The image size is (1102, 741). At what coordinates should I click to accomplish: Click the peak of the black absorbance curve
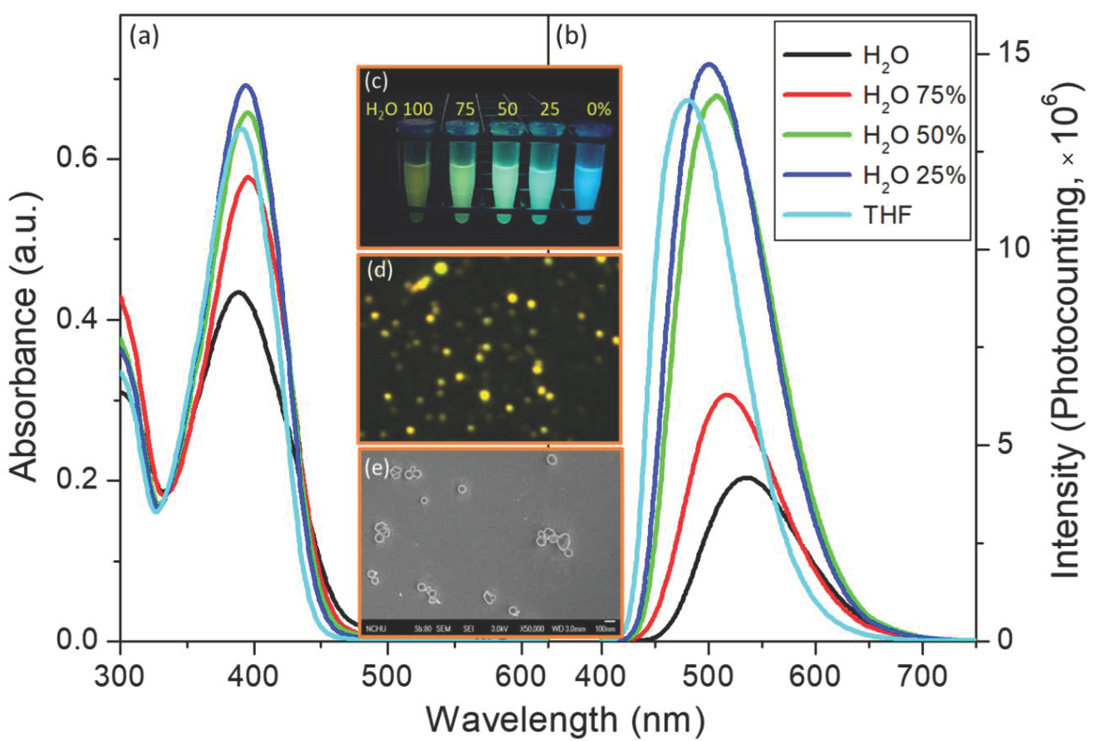click(x=239, y=292)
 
